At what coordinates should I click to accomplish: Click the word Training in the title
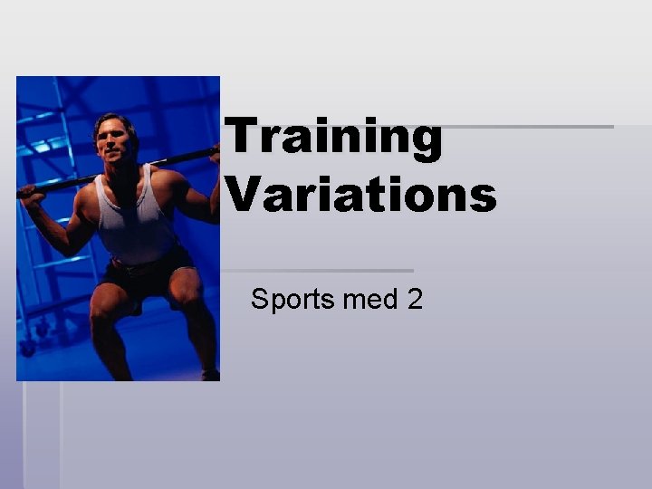(334, 139)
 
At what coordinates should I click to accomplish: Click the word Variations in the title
(360, 194)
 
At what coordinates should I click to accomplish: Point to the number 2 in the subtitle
(415, 299)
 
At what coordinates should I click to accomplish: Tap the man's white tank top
(136, 217)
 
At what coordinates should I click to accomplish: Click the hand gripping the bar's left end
(32, 191)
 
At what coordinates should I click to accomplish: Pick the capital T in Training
(240, 139)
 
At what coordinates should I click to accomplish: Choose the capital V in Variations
(241, 194)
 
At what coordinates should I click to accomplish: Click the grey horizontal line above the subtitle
(317, 270)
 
